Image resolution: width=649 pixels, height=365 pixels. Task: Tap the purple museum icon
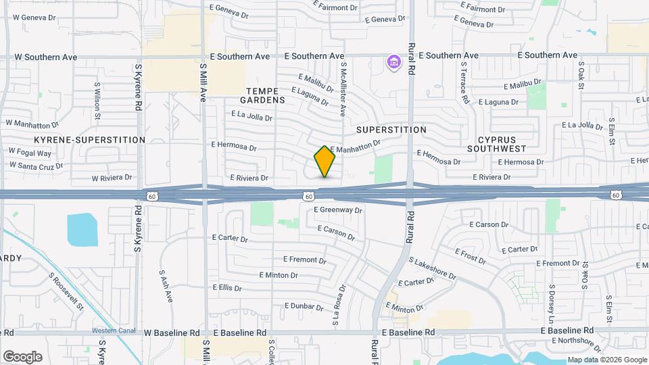[393, 63]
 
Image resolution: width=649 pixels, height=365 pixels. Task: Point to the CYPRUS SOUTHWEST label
[497, 143]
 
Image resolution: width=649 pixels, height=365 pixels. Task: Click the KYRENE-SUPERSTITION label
[90, 140]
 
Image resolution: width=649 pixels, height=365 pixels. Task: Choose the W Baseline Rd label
[172, 333]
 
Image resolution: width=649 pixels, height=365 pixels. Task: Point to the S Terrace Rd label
[465, 82]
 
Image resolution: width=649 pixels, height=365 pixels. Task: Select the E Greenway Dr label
[338, 210]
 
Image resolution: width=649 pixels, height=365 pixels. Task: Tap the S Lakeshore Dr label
[433, 269]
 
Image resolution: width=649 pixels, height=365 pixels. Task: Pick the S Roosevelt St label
[66, 291]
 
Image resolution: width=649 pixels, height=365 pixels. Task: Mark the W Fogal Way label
[30, 153]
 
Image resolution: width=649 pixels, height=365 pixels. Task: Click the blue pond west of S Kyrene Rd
[82, 230]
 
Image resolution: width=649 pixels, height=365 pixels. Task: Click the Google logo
[22, 357]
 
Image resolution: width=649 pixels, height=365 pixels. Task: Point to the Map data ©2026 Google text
[606, 360]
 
